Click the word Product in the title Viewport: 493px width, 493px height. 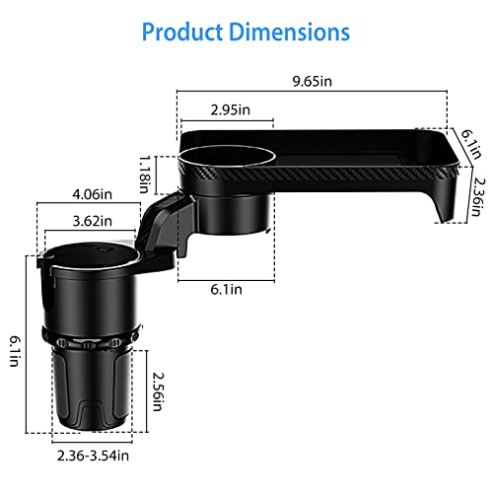tap(182, 32)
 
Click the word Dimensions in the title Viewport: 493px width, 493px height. tap(289, 32)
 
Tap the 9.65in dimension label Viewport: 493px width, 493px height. tap(313, 81)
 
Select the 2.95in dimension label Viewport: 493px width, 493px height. tap(231, 109)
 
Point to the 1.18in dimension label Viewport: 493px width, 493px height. tap(145, 175)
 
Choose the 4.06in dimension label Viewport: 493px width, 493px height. tap(93, 194)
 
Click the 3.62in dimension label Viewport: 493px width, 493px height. tap(93, 221)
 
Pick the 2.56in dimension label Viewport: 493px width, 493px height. tap(158, 391)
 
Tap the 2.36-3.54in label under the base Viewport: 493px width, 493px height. tap(93, 456)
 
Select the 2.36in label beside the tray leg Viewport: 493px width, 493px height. tap(476, 197)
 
